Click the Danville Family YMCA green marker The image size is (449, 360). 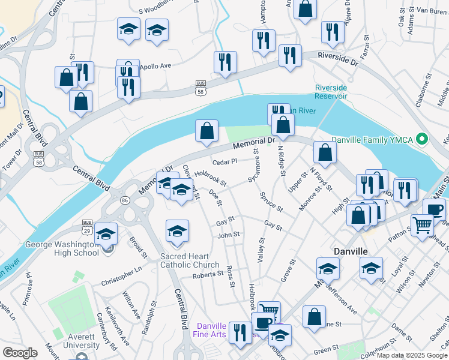coord(421,140)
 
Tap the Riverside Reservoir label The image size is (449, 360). coord(331,92)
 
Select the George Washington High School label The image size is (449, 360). coord(62,248)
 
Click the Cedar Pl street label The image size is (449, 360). coord(226,161)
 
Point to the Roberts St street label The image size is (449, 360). coord(208,275)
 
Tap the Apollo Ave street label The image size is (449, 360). coord(155,65)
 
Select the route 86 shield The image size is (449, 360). coord(125,200)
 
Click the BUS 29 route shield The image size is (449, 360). coord(87,226)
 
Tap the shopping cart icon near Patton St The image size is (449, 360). coord(423,224)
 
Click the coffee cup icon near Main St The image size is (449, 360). coord(434,209)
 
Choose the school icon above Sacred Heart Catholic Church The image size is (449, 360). coord(177,231)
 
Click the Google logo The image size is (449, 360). coord(20,352)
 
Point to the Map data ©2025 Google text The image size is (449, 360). coord(412,355)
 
